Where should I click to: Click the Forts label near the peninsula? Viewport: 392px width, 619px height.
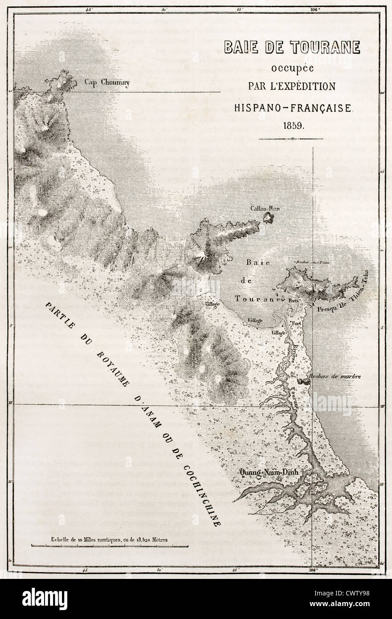tap(293, 300)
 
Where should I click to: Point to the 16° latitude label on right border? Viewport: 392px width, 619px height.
tap(382, 406)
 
